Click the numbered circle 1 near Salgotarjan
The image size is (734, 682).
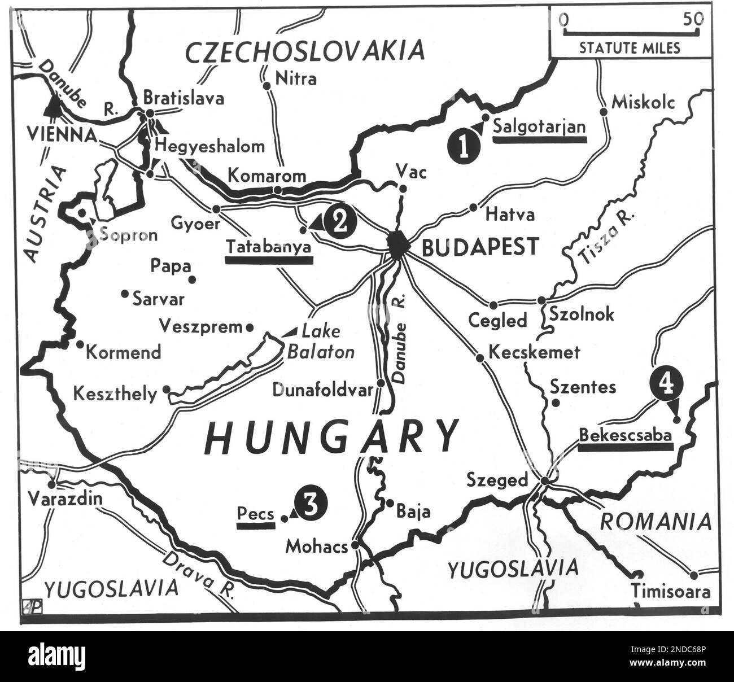464,147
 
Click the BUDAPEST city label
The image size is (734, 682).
480,247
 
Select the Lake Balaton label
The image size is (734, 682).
321,342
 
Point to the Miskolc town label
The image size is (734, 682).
643,102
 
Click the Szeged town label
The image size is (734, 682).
497,480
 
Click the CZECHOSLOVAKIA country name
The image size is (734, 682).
305,52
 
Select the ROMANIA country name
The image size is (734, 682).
655,522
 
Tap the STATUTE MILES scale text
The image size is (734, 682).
630,48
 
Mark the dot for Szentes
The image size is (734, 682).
556,403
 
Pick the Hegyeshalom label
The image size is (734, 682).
209,146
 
